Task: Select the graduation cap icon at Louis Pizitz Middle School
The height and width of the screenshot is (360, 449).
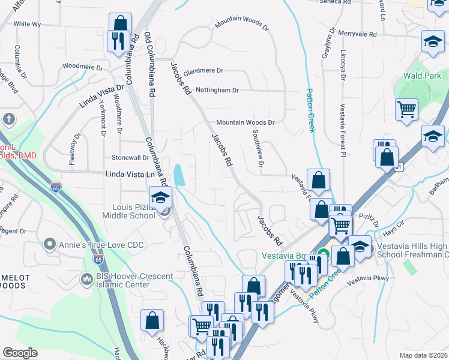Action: (160, 198)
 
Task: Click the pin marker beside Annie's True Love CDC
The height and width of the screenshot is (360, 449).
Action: (50, 244)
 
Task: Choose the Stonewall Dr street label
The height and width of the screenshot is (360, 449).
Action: (130, 158)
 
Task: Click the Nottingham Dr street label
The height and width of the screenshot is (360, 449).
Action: (217, 90)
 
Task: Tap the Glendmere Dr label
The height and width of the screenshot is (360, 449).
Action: (203, 70)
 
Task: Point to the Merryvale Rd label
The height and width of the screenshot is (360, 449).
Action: (356, 35)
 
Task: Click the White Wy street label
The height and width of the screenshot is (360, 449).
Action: (27, 24)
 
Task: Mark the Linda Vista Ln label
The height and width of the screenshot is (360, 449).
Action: (130, 174)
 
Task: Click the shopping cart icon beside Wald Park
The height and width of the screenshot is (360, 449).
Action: (406, 110)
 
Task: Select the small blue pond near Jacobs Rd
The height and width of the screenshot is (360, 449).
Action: (179, 176)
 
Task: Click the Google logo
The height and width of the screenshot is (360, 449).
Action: (20, 353)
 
